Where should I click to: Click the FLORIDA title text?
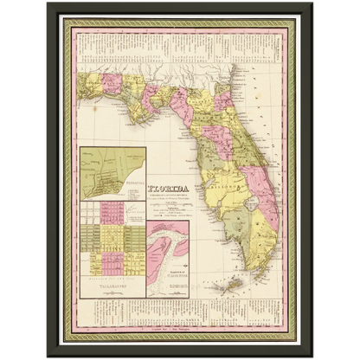point(171,184)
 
